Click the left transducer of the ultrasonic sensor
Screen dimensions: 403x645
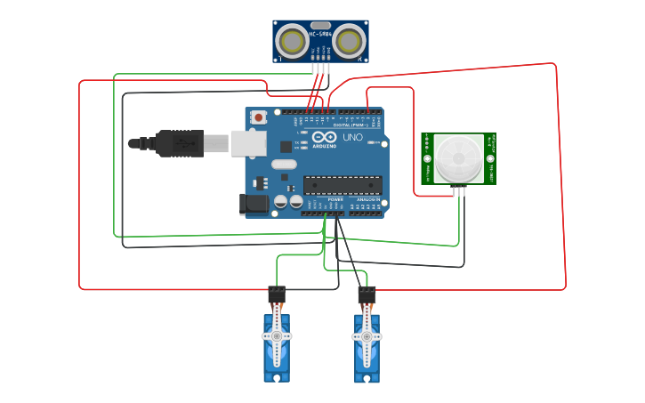tap(291, 40)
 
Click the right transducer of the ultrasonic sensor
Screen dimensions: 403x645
tap(350, 40)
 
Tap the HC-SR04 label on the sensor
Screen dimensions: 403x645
tap(320, 35)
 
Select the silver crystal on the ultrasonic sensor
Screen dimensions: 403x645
tap(320, 26)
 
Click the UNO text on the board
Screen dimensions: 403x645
tap(352, 138)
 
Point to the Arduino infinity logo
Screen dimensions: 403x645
tap(324, 137)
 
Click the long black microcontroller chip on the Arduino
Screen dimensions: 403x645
tap(343, 185)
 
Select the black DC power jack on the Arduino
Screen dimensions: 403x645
tap(254, 204)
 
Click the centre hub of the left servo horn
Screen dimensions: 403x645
tap(277, 336)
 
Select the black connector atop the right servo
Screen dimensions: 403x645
tap(367, 293)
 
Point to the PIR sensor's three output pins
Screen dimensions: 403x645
tap(459, 189)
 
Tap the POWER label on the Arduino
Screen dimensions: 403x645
tap(335, 199)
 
